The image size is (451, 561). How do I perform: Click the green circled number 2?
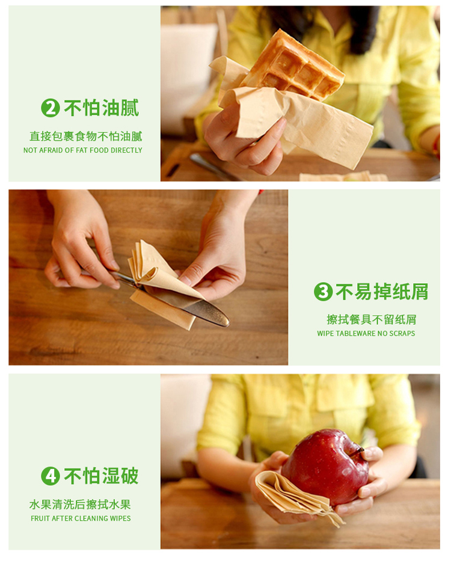51,108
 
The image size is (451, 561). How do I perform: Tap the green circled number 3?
324,292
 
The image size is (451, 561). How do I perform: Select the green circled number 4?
51,476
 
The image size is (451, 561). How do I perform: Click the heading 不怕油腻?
101,108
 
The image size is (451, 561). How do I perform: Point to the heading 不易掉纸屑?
382,292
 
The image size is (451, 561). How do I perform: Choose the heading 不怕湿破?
101,476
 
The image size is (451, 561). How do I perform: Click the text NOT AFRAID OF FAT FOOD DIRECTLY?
83,150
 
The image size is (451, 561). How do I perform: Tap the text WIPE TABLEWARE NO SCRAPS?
366,334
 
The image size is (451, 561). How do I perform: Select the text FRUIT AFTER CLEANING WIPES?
81,518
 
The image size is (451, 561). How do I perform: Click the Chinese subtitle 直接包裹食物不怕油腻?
86,136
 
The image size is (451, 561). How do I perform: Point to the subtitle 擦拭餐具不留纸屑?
372,319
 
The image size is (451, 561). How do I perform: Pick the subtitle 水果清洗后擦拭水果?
80,504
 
